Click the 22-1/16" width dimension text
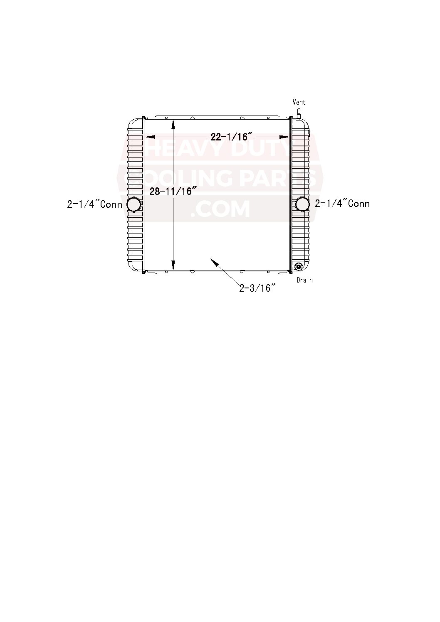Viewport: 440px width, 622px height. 231,137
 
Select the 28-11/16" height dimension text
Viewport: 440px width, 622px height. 173,191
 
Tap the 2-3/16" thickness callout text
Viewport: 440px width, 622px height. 257,288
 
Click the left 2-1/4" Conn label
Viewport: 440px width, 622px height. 94,204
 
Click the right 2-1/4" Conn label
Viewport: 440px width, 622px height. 342,204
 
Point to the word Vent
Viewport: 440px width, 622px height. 299,102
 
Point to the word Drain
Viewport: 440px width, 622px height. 305,280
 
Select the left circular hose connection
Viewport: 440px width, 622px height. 134,204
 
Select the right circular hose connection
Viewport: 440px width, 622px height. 303,204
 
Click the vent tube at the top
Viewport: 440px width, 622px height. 299,113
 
